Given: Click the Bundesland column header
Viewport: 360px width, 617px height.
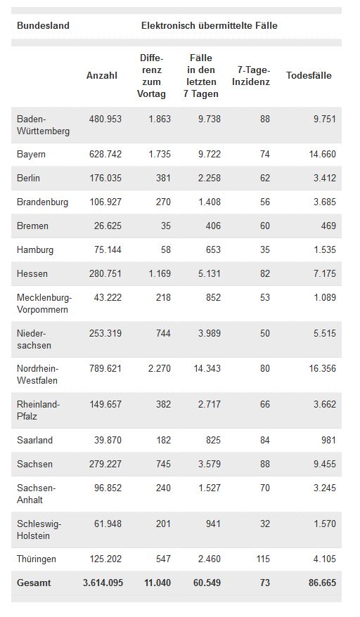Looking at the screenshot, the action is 43,25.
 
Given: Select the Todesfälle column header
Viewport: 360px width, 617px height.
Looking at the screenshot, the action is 309,76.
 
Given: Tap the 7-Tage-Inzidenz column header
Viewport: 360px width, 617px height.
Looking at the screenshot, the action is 251,76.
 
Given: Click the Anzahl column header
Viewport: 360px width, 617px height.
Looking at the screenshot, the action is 102,76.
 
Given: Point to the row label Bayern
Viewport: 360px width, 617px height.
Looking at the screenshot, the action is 31,155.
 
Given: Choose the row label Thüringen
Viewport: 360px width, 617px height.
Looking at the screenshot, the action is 37,559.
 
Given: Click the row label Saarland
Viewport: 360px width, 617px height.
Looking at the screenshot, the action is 34,440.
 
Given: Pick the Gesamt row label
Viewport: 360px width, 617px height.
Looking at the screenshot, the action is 34,583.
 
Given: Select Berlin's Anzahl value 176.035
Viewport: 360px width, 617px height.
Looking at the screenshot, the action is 105,178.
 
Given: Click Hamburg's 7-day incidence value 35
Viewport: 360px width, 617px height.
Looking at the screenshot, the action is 264,249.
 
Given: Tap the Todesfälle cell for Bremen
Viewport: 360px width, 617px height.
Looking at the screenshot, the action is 328,226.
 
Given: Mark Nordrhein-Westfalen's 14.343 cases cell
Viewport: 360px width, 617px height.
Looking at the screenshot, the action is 207,369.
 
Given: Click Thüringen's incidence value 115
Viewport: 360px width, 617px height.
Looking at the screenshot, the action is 263,559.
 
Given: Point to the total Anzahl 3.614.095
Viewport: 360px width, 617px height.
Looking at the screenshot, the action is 103,583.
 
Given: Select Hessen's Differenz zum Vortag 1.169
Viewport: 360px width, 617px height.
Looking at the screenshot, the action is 160,273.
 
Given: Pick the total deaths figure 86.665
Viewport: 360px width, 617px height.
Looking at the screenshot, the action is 323,583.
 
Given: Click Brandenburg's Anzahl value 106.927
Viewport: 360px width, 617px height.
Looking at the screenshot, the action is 105,202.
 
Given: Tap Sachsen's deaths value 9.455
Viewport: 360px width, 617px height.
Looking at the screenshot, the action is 325,464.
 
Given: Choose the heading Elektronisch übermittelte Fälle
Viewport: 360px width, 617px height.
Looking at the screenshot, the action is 209,25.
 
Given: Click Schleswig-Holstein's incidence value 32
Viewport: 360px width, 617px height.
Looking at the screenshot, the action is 264,524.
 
